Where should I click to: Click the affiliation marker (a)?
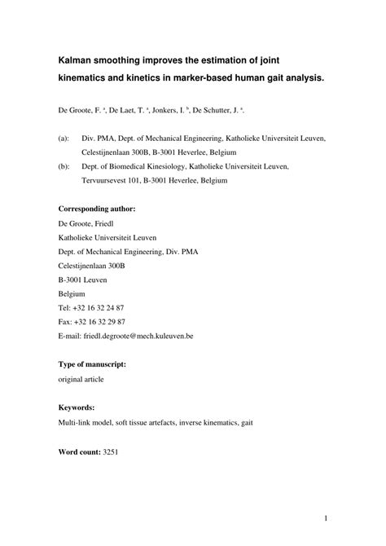[x=64, y=139]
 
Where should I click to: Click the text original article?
[x=81, y=379]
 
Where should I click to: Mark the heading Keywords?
[x=77, y=407]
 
